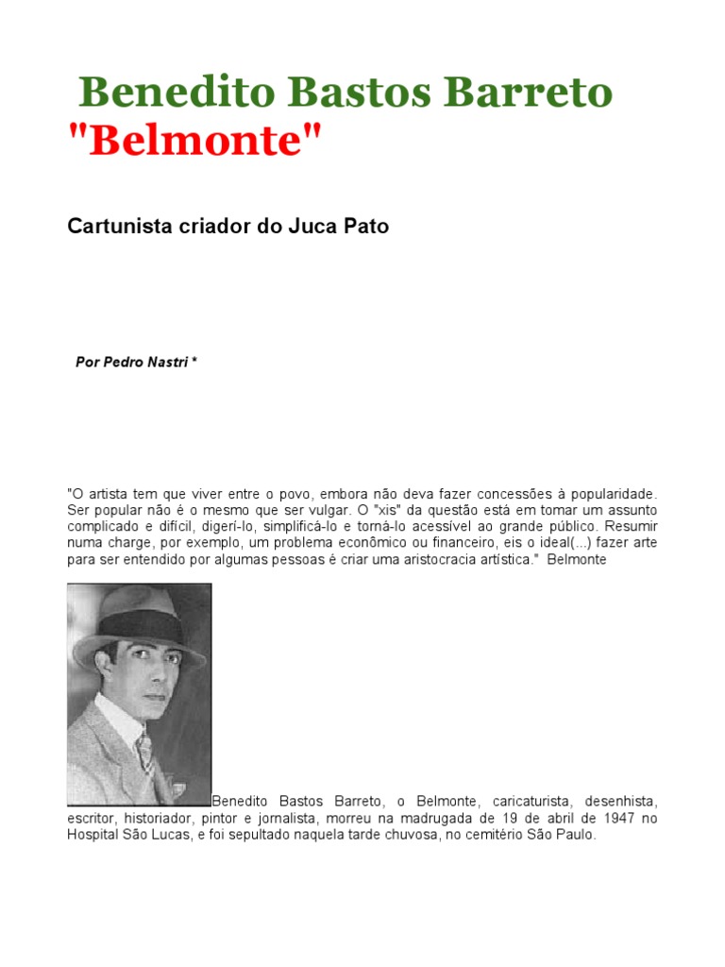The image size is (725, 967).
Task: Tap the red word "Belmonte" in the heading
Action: click(x=195, y=142)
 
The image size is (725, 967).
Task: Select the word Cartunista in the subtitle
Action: click(x=114, y=227)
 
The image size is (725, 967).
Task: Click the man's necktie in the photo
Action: click(x=145, y=755)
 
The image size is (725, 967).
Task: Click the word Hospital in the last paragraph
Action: click(x=93, y=835)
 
